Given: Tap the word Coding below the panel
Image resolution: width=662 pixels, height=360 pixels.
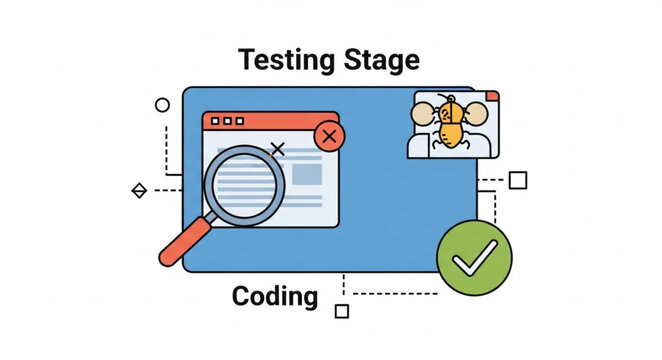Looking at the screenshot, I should point(274,296).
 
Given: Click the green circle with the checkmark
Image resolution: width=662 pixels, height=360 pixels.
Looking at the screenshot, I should point(474,258).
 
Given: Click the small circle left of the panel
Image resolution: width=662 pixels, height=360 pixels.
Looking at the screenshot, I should point(162,104).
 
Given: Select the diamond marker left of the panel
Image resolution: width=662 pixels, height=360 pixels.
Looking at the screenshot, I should point(139,190).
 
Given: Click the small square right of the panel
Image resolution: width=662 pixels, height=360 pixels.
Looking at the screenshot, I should point(517,180).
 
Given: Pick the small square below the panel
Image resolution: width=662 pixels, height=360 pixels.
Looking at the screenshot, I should point(341,311).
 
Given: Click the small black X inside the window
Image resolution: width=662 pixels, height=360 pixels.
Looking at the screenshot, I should point(278,150).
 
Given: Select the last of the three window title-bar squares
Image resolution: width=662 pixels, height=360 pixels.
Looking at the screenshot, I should point(239,121).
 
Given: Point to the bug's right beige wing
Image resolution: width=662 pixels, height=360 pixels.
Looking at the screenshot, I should point(476,114).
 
